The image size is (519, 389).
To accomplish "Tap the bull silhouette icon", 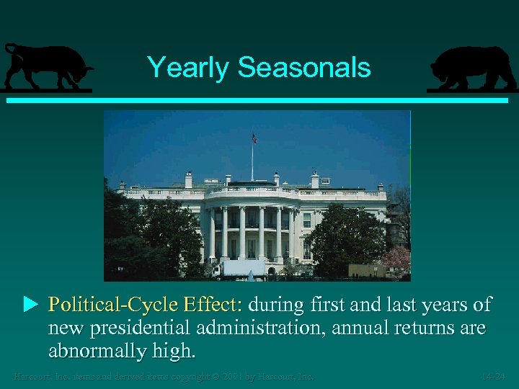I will tap(47, 68).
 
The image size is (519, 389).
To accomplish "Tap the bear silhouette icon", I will tap(472, 68).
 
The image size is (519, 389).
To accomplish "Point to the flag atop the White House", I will tap(254, 138).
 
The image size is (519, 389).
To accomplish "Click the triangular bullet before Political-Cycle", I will tap(30, 305).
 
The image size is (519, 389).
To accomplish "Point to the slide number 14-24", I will tap(495, 376).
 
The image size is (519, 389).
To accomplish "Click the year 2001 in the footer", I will tap(230, 376).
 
